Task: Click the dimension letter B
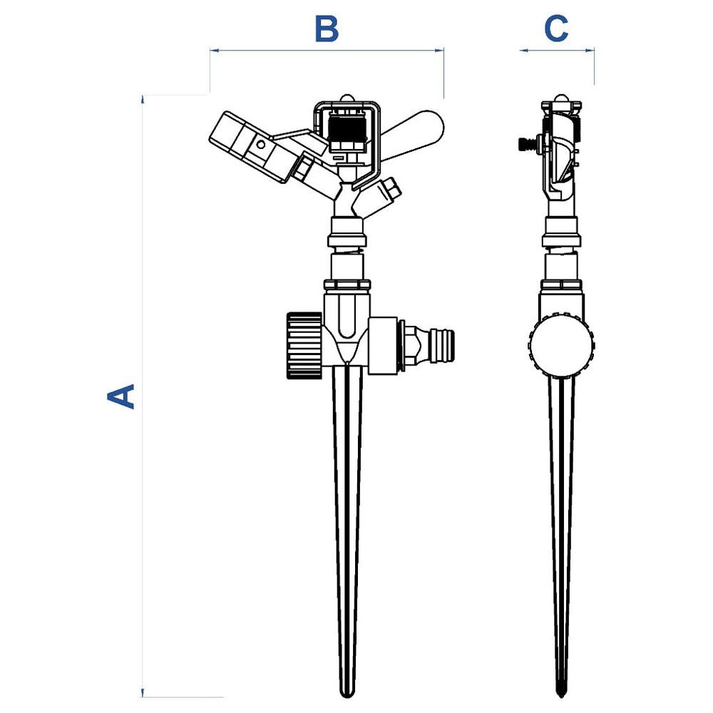point(327,30)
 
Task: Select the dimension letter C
point(556,29)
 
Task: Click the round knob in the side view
point(562,344)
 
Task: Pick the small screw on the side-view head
point(525,145)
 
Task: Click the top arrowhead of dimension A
point(144,99)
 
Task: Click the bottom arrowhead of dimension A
point(144,693)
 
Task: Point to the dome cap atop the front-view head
point(347,100)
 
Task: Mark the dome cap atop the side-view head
point(562,100)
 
